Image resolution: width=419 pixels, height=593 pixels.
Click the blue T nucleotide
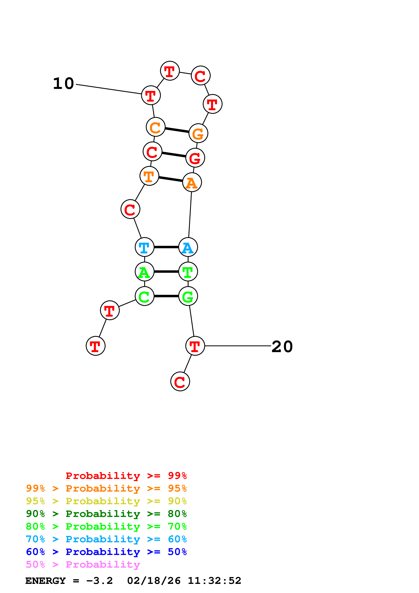[144, 247]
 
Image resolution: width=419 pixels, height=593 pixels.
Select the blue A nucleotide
[188, 247]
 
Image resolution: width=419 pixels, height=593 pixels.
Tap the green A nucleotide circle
[144, 272]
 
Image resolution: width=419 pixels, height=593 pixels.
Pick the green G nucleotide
[188, 296]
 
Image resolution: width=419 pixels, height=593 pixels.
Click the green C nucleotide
[144, 296]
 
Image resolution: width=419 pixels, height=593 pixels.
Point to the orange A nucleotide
[192, 182]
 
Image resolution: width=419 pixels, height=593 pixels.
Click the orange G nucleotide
[198, 133]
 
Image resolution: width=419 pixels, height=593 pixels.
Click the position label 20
[282, 346]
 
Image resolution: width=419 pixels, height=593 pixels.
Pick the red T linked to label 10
[151, 95]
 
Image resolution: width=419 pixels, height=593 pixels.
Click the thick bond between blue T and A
[166, 247]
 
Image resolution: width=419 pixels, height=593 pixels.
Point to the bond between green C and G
[166, 296]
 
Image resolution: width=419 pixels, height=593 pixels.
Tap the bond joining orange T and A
[171, 179]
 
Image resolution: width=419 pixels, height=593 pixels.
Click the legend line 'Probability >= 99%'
[126, 476]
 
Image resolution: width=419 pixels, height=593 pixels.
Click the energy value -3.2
[99, 581]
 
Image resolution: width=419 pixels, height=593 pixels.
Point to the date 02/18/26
[154, 581]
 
